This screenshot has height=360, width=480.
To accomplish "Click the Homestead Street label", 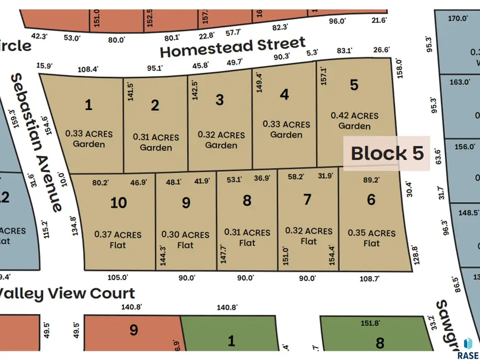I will point(233,47).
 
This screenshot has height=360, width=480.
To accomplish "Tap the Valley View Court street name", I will point(67,293).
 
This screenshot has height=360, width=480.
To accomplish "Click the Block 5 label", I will point(387,154).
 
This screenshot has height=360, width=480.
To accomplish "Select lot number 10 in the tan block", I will point(118,202).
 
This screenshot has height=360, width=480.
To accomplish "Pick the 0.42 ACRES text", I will point(355,115).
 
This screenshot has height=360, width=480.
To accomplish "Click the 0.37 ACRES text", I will point(118,234).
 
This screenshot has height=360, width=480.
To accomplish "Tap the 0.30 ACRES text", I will point(186,235).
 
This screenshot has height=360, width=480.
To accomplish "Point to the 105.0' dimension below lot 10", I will point(118,277).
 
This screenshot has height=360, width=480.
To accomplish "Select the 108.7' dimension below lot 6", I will point(370,278).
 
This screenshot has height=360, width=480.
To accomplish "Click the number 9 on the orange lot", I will point(134,331).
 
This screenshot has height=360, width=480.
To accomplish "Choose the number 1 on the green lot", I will point(231,341).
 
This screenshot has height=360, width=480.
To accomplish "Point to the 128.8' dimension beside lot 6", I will point(417,254).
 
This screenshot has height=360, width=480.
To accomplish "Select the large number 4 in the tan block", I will point(285,94).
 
